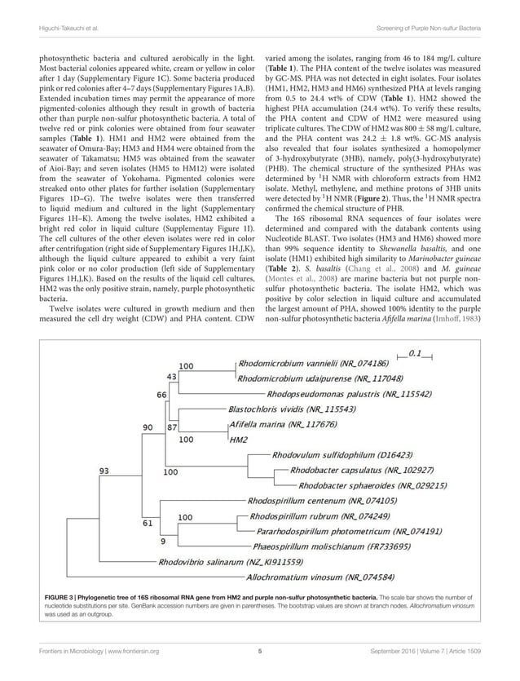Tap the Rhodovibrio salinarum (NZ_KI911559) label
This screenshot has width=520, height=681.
[230, 562]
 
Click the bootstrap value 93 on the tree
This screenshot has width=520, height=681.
[106, 471]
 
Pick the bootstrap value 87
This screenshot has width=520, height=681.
[172, 426]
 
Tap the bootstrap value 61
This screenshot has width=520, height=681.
[148, 523]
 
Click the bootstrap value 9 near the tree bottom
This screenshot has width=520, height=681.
[163, 540]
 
